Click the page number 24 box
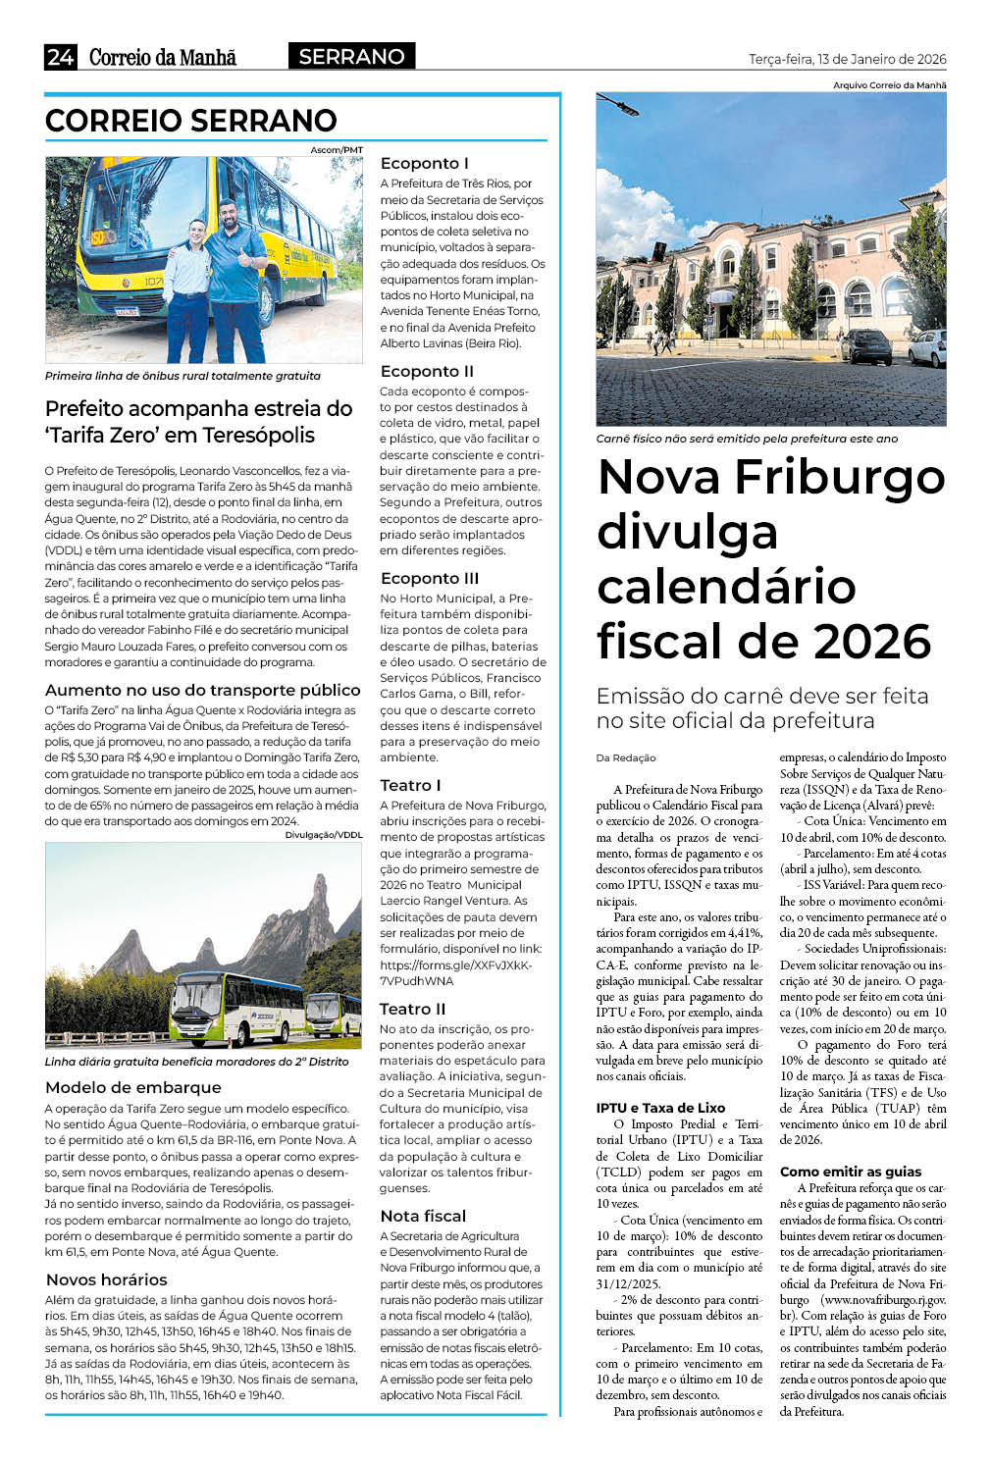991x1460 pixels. click(x=60, y=57)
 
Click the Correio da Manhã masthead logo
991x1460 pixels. click(x=163, y=57)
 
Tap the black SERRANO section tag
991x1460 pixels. click(x=351, y=57)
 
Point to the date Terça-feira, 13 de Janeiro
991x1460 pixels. click(x=847, y=59)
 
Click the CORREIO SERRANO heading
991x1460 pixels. click(x=191, y=121)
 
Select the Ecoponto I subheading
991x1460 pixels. click(x=424, y=163)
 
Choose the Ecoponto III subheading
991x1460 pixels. click(x=430, y=578)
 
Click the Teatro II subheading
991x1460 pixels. click(x=412, y=1009)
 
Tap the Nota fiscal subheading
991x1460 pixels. click(x=423, y=1216)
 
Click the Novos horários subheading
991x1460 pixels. click(x=106, y=1279)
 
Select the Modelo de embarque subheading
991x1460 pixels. click(x=133, y=1087)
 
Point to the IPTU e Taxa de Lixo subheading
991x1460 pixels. click(x=660, y=1108)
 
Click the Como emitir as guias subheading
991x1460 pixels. click(x=851, y=1172)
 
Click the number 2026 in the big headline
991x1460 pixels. click(x=872, y=642)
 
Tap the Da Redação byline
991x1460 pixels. click(x=626, y=757)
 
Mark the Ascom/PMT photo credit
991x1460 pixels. click(x=337, y=150)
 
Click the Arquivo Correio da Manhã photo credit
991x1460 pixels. click(x=889, y=85)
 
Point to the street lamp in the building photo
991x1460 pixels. click(x=618, y=102)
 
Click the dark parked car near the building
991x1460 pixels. click(x=865, y=345)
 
